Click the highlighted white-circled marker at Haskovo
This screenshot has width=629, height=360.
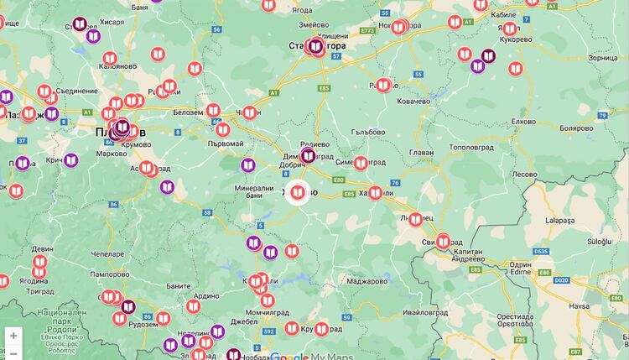(x=297, y=193)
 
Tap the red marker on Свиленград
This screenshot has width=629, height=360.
(x=442, y=242)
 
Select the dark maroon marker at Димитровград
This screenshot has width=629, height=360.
(x=308, y=156)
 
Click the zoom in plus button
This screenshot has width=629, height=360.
(x=13, y=336)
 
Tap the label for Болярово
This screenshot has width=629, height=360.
(x=577, y=128)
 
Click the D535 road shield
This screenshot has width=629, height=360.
(x=540, y=250)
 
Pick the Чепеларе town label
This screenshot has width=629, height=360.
(x=107, y=253)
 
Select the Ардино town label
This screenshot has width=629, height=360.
(x=205, y=295)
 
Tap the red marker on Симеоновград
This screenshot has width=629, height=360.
(x=361, y=163)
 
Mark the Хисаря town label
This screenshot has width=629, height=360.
(x=115, y=23)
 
